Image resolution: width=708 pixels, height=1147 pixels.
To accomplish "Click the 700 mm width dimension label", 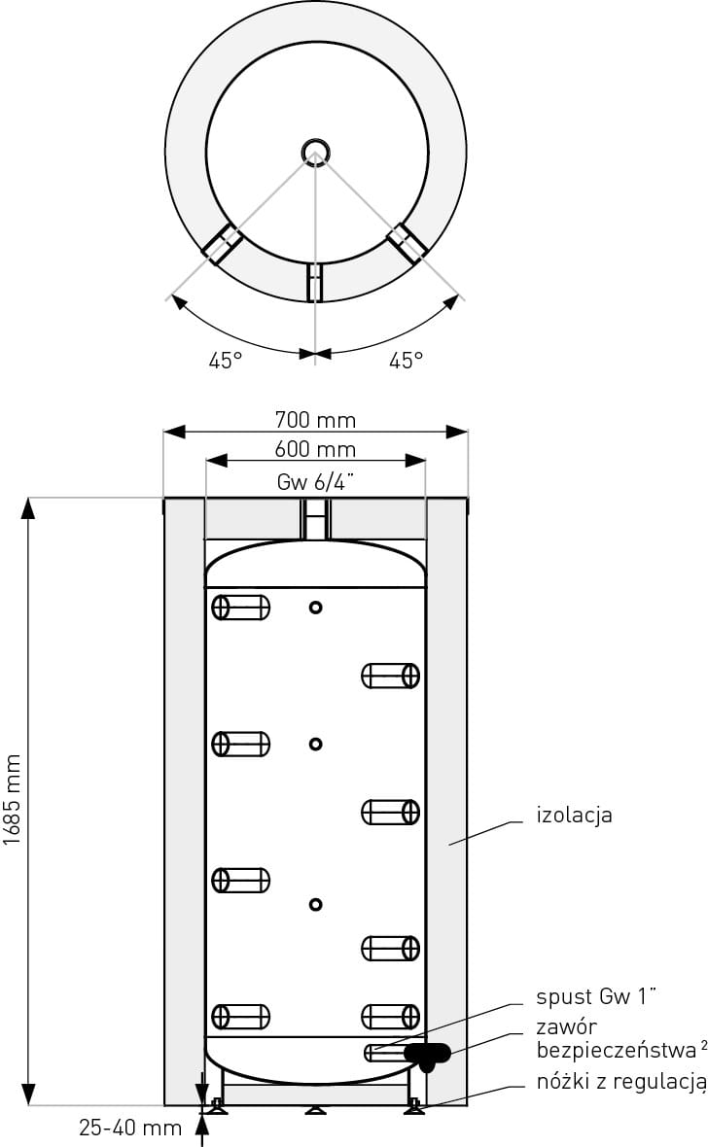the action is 315,420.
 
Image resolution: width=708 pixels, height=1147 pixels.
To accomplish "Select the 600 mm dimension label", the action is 315,449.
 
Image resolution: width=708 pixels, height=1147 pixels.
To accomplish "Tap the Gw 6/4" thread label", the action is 315,482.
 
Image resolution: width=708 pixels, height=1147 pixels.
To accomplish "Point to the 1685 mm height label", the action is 13,800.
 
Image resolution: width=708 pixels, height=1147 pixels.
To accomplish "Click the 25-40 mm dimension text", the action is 130,1128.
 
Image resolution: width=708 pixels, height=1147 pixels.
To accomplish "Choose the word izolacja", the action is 574,815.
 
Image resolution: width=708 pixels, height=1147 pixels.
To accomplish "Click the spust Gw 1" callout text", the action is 596,996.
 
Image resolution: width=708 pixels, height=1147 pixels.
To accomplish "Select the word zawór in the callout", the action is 566,1026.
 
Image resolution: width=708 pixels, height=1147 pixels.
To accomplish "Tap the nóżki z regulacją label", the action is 620,1081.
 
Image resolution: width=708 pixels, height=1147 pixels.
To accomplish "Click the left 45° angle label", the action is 226,361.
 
